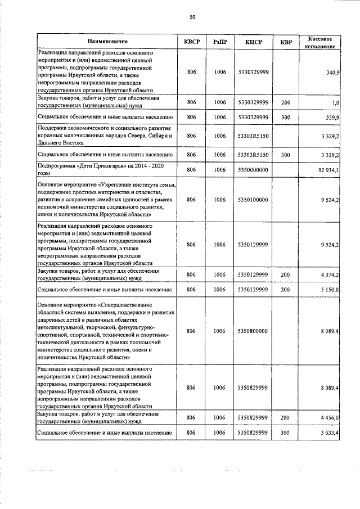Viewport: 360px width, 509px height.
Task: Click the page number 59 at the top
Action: tap(192, 17)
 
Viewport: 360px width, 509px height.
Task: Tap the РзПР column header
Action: tap(220, 42)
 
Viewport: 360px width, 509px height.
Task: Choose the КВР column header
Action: tap(286, 42)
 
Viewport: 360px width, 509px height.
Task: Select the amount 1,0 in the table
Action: tap(335, 103)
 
